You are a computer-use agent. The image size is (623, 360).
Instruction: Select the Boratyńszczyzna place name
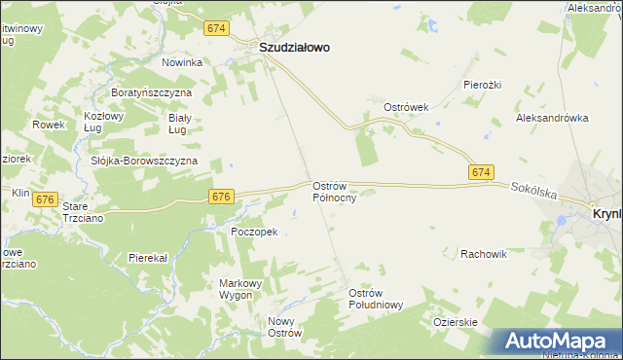coord(151,92)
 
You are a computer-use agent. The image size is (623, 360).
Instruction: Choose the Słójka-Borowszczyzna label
coord(143,161)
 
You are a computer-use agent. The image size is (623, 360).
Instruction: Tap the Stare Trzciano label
coord(82,212)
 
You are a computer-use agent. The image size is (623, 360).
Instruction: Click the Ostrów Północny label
coord(335,191)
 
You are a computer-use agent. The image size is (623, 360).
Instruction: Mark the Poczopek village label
coord(254,232)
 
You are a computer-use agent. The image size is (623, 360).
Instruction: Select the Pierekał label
coord(148,258)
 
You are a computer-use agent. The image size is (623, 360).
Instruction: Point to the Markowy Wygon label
coord(239,289)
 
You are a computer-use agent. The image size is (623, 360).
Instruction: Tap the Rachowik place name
coord(485,254)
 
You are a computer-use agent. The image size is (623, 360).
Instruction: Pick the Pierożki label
coord(482,85)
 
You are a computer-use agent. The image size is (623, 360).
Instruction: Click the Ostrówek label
coord(407,107)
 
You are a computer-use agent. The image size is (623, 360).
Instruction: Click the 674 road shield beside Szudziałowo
coord(216,29)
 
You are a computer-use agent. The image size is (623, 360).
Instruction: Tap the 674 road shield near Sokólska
coord(479,172)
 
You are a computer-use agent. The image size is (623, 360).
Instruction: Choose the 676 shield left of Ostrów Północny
coord(220,197)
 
